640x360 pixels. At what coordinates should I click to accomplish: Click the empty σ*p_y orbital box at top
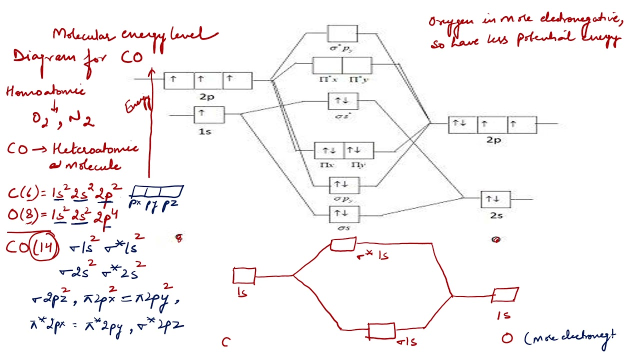pos(342,33)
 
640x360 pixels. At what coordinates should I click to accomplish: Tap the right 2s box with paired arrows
pos(495,199)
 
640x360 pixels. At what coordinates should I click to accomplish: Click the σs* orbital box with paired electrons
pos(343,101)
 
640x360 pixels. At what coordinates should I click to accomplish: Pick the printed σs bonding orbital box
pos(343,214)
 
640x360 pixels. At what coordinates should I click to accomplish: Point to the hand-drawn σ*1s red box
pos(343,244)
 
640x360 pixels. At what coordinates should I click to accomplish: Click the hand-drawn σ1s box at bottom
pos(381,331)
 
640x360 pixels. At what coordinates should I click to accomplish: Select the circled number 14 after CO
pos(45,247)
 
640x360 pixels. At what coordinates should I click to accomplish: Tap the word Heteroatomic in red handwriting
pos(95,148)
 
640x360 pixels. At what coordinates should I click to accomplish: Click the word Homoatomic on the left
pos(45,91)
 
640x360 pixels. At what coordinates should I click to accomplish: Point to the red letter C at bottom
pos(226,342)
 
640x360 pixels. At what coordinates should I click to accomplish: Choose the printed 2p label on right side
pos(493,140)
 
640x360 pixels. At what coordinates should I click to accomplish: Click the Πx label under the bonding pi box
pos(328,164)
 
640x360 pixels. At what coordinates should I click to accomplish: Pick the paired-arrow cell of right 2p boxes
pos(462,124)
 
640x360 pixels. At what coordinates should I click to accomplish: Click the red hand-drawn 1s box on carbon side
pos(244,276)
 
